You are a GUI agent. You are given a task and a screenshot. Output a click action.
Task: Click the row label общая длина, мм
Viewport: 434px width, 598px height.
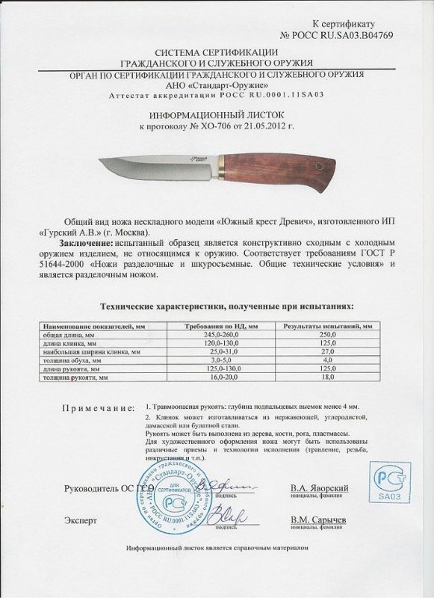click(x=67, y=335)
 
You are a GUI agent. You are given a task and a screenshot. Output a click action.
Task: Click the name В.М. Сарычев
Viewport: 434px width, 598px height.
click(x=317, y=520)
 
